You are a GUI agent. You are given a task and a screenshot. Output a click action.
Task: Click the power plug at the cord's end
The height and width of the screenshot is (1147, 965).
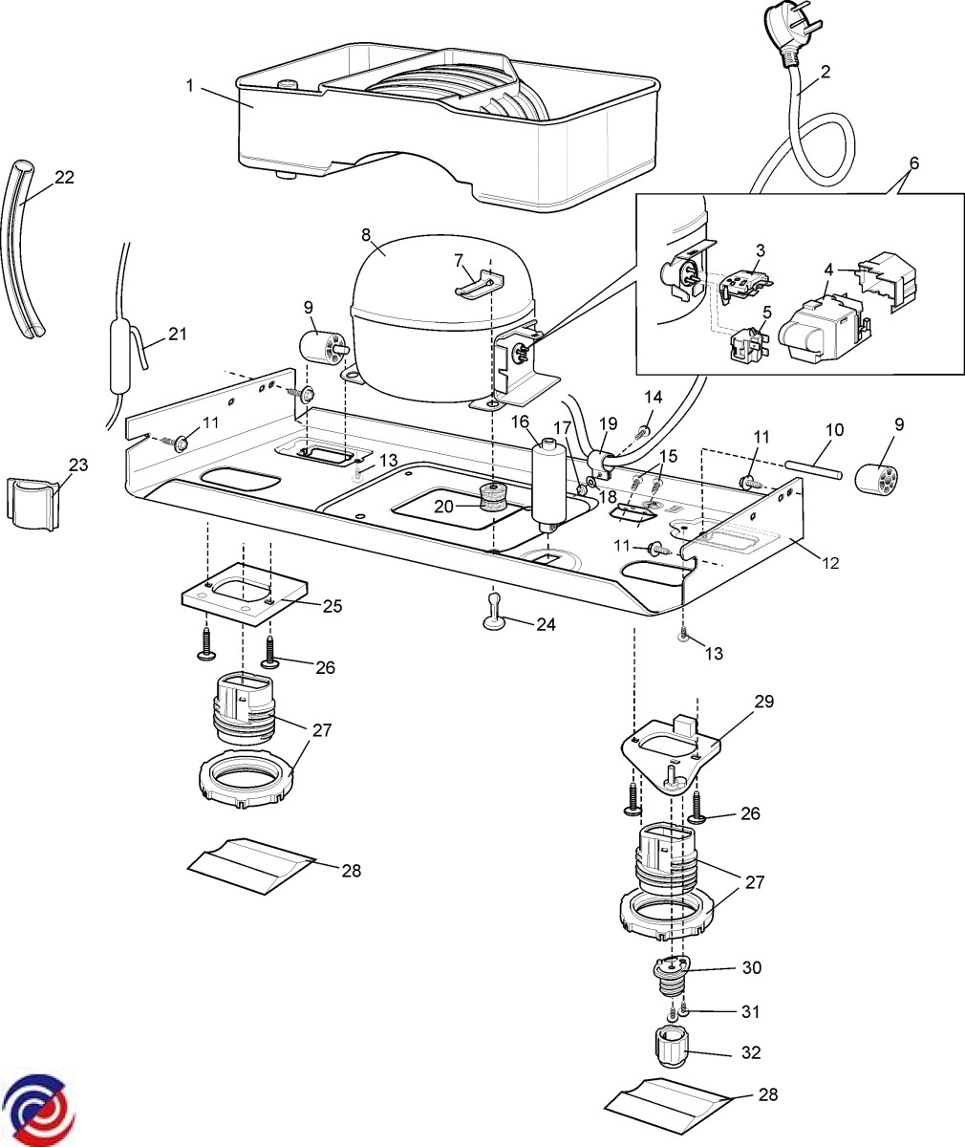pyautogui.click(x=787, y=34)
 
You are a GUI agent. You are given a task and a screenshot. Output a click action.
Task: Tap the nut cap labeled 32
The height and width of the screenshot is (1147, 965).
pyautogui.click(x=675, y=1050)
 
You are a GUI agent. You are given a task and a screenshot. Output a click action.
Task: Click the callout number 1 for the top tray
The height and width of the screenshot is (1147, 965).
pyautogui.click(x=189, y=85)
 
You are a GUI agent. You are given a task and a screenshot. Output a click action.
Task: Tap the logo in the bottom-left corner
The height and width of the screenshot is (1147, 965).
pyautogui.click(x=39, y=1110)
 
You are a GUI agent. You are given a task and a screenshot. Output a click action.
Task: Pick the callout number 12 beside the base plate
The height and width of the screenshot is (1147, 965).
pyautogui.click(x=829, y=563)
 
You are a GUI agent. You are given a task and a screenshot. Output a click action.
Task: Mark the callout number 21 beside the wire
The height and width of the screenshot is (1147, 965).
pyautogui.click(x=177, y=334)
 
